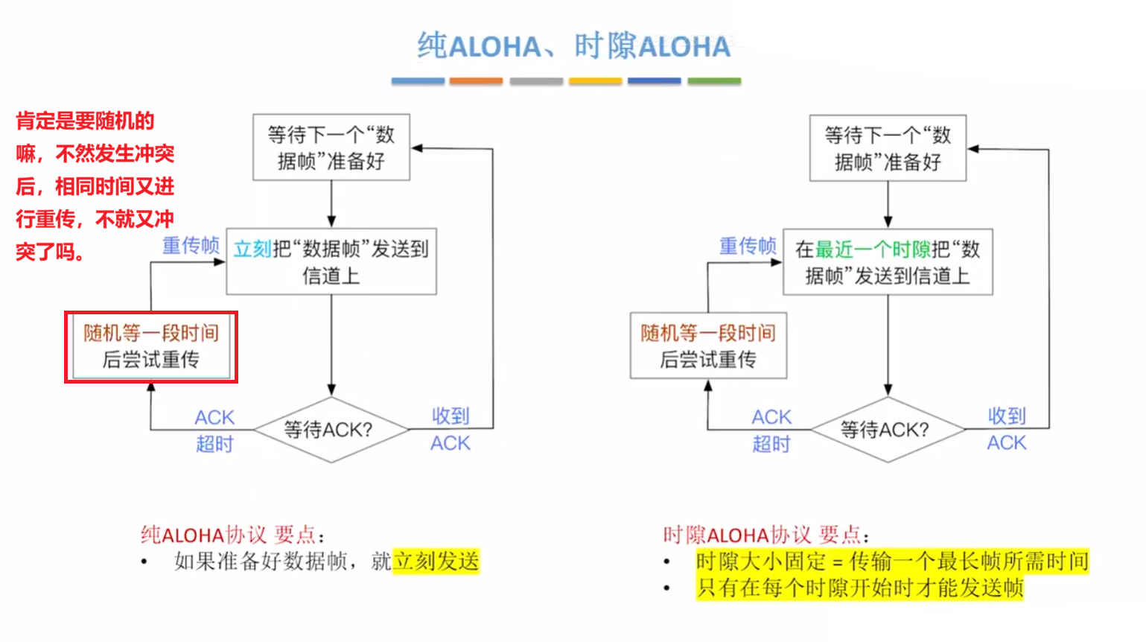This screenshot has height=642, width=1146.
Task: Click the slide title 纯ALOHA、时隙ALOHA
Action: [x=573, y=46]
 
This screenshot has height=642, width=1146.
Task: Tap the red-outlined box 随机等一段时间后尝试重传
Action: [x=151, y=347]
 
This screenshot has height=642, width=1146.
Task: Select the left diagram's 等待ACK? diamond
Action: [x=331, y=430]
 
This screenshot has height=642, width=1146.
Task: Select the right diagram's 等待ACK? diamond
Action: [x=887, y=430]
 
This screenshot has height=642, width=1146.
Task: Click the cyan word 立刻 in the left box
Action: [x=252, y=249]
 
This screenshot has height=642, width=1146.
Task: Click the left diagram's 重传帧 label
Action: [x=191, y=246]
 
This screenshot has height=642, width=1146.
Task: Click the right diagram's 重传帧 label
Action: [x=747, y=246]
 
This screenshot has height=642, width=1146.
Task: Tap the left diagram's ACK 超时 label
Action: [x=214, y=430]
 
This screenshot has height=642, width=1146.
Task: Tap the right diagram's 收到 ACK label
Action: [x=1007, y=429]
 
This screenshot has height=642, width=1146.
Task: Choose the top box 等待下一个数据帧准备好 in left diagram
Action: [x=331, y=147]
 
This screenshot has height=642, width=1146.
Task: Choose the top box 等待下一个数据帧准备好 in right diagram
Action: [x=888, y=148]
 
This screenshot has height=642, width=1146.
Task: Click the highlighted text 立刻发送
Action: [x=436, y=561]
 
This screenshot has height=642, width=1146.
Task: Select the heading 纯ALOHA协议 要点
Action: [x=232, y=535]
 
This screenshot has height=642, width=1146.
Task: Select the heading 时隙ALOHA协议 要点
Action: [x=765, y=535]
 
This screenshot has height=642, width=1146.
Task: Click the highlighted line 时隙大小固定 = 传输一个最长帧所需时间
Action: [x=892, y=561]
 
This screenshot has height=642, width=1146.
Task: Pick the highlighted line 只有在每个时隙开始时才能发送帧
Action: [x=860, y=588]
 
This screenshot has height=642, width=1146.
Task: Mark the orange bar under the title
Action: [x=476, y=81]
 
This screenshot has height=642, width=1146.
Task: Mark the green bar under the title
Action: [x=713, y=81]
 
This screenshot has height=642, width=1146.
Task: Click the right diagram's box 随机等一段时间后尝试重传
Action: [x=708, y=346]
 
